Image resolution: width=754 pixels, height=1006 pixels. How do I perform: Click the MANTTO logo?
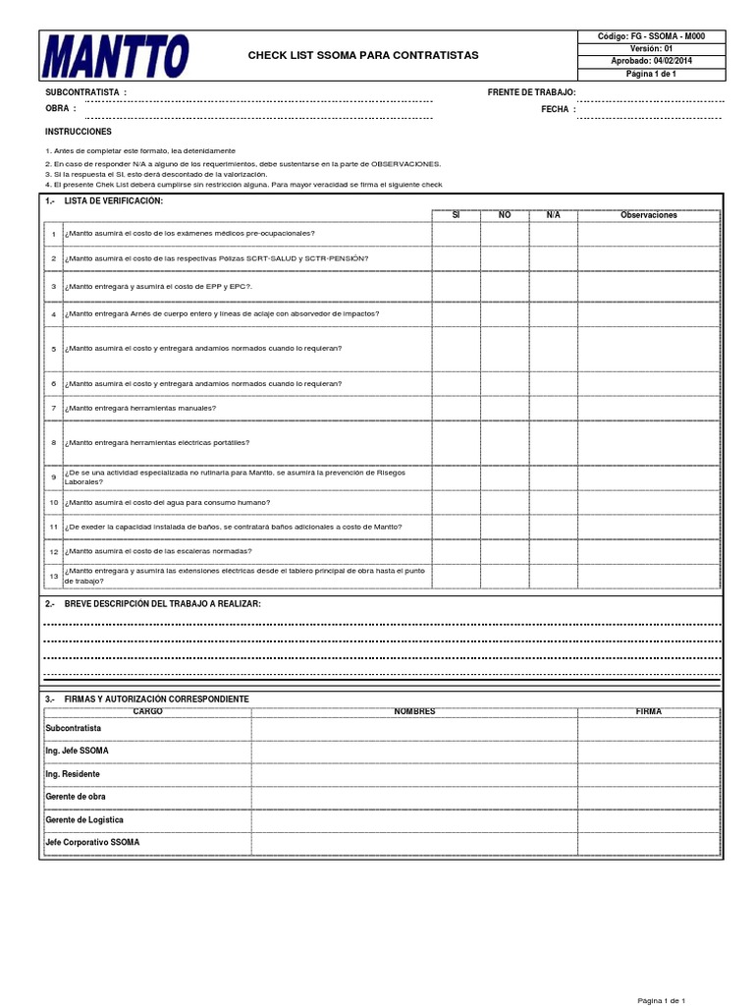[x=116, y=56]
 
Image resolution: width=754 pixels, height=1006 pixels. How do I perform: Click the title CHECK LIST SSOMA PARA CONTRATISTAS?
[x=364, y=55]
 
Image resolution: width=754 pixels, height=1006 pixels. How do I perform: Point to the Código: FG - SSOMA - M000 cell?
[x=651, y=36]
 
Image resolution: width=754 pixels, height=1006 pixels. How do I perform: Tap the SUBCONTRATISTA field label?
[x=85, y=92]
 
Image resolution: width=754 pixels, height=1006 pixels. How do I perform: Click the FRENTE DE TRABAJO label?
[x=531, y=92]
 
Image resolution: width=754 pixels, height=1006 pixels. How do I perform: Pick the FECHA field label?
[x=555, y=109]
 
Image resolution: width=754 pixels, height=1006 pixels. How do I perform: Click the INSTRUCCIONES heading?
[x=79, y=131]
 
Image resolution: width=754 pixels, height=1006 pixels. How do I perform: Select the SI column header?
[x=456, y=214]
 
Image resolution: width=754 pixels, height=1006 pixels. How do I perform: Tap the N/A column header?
[x=553, y=214]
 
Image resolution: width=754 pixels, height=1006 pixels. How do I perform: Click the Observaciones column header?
[x=649, y=214]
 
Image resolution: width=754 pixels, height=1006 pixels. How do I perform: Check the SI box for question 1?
[x=456, y=233]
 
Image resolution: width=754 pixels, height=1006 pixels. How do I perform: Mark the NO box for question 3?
[x=505, y=286]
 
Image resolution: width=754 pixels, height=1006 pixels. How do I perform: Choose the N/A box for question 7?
[x=553, y=407]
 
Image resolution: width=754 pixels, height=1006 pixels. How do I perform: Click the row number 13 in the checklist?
[x=54, y=576]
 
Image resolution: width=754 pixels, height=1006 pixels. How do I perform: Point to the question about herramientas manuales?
[x=139, y=407]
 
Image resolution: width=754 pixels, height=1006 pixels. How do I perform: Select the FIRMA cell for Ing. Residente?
[x=649, y=774]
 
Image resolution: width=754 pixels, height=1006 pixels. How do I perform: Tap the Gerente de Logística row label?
[x=84, y=819]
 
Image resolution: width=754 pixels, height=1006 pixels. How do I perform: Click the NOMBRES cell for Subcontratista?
[x=414, y=728]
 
